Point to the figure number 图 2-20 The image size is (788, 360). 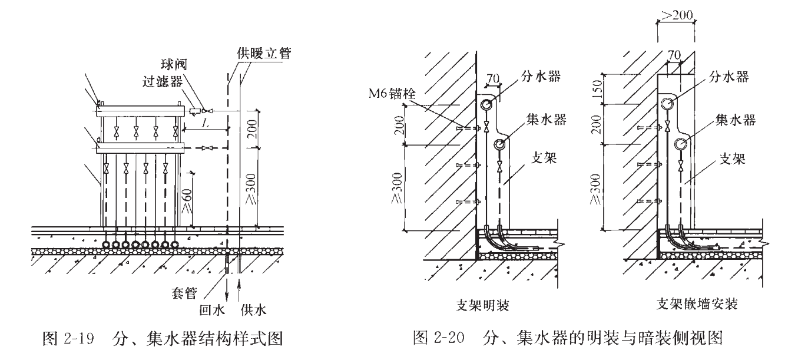click(x=435, y=339)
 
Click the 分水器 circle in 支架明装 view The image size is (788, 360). click(x=486, y=105)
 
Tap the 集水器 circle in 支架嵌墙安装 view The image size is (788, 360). click(x=681, y=143)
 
